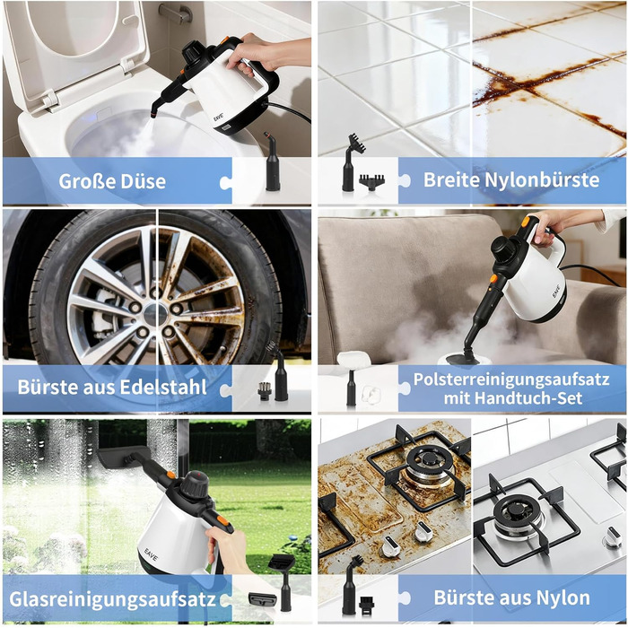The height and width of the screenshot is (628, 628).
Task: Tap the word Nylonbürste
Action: (x=542, y=179)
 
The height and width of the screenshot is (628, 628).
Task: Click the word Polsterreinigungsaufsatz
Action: (x=511, y=379)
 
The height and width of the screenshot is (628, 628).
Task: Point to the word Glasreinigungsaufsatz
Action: (x=112, y=599)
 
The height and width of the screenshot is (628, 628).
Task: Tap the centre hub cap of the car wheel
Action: (x=155, y=314)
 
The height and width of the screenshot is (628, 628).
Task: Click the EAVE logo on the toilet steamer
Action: (x=219, y=118)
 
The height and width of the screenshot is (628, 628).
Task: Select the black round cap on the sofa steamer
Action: (x=504, y=247)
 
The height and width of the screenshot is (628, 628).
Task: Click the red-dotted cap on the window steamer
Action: (x=195, y=484)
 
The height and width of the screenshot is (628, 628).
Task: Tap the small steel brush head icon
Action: (x=265, y=390)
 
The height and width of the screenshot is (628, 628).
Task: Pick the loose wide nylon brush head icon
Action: (x=371, y=182)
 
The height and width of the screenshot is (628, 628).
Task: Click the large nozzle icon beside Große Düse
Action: (x=273, y=161)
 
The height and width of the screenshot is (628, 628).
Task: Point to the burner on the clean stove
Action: (x=518, y=515)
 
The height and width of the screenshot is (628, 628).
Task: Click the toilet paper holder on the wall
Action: (x=176, y=13)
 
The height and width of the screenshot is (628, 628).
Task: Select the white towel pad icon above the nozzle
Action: (x=354, y=359)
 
